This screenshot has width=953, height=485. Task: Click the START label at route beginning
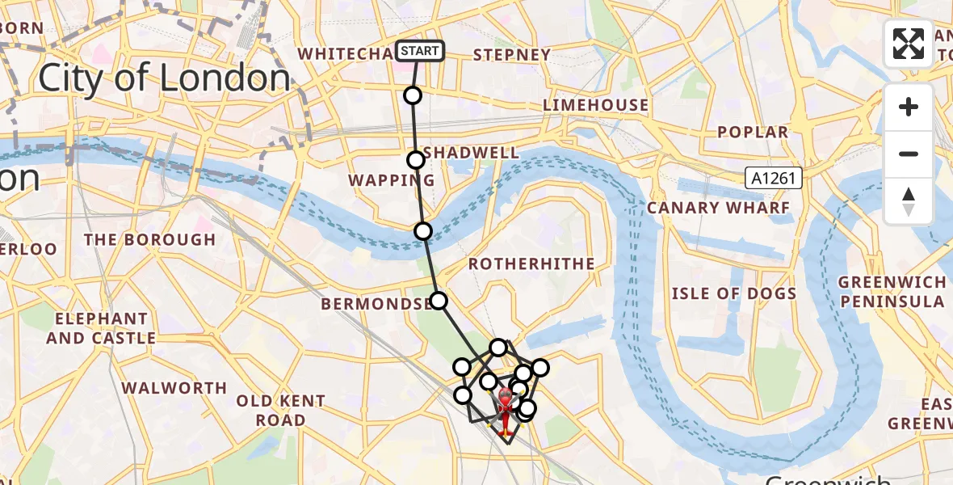[419, 51]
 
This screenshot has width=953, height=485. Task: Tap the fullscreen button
[909, 44]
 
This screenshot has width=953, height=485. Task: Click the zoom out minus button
[909, 154]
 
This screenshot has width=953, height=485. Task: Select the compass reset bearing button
[909, 201]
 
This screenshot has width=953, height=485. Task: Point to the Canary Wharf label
[717, 208]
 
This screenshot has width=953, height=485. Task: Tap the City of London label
[164, 78]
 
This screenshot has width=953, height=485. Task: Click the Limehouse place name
[595, 105]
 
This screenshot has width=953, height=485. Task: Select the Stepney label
[511, 55]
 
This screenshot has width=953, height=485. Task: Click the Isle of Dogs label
[733, 293]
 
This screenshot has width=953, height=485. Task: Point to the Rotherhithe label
[531, 264]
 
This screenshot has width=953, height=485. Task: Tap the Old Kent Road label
[280, 411]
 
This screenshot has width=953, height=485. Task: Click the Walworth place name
[174, 388]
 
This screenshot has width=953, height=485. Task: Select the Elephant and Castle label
[101, 328]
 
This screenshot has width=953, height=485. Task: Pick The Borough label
[149, 240]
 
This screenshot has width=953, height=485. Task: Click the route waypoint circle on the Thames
[422, 231]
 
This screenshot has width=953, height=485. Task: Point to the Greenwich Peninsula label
[891, 292]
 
